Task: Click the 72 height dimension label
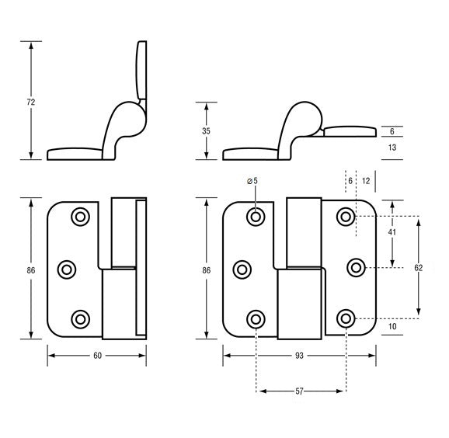30,102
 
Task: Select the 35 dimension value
206,131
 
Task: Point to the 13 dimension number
392,148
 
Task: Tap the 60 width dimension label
96,355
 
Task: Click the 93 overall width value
300,355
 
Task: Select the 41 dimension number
392,232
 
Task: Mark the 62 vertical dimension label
419,267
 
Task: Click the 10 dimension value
392,327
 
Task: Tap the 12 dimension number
366,180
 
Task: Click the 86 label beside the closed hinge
30,269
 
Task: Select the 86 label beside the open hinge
206,269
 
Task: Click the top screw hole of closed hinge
80,217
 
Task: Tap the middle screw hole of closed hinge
67,269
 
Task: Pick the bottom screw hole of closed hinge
80,318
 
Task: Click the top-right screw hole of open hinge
346,217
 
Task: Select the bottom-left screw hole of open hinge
256,318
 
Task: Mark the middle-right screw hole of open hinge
357,268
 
